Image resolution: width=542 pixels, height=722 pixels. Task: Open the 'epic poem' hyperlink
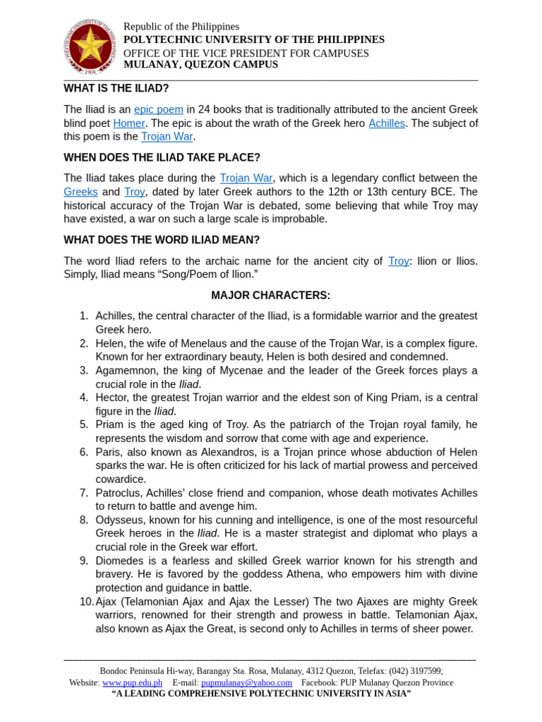tap(159, 110)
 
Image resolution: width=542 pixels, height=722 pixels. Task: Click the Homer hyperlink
tap(128, 123)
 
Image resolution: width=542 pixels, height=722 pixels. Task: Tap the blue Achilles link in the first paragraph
tap(387, 123)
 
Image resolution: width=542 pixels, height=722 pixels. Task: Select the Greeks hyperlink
tap(80, 192)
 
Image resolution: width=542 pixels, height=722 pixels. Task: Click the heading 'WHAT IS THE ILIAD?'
tap(116, 88)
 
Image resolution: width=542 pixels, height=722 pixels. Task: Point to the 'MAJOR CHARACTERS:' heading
tap(270, 295)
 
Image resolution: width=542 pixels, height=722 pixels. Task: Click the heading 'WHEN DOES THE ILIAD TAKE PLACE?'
tap(162, 157)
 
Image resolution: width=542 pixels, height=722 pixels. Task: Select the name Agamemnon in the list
tap(127, 371)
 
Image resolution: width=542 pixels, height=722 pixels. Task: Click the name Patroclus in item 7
tap(118, 493)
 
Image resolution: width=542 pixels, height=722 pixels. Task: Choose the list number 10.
tap(86, 601)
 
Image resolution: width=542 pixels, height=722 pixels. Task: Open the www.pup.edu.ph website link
tap(132, 683)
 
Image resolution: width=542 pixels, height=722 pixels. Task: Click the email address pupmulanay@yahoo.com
tap(246, 683)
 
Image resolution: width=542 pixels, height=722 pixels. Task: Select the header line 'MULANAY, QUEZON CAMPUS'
tap(200, 65)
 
